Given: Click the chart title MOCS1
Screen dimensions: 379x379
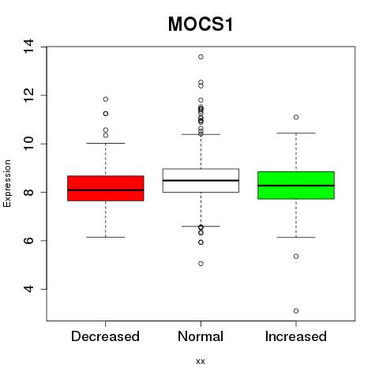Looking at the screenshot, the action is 201,24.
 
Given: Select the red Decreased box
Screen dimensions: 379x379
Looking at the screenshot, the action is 106,188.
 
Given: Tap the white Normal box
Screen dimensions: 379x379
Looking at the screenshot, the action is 201,181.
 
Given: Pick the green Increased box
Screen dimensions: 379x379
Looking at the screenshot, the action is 296,186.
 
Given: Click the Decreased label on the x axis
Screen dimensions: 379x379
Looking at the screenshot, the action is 105,336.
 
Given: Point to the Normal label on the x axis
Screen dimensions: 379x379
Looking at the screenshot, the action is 201,336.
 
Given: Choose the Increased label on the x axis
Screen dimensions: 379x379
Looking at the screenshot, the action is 296,336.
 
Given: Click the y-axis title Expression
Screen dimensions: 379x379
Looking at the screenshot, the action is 7,183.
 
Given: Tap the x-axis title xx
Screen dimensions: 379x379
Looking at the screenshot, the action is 201,362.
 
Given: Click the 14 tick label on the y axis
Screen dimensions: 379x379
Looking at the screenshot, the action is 28,47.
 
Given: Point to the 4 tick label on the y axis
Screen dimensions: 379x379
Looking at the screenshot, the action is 28,289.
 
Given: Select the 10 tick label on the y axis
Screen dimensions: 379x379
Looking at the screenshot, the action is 28,144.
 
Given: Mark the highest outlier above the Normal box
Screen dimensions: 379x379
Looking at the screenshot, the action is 201,57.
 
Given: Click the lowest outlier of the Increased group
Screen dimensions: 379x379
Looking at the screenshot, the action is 296,311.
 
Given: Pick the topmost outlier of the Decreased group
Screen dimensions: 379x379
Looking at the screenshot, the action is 106,99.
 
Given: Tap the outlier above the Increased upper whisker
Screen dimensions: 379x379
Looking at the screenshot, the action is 296,117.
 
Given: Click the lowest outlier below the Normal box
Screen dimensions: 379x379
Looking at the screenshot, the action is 201,264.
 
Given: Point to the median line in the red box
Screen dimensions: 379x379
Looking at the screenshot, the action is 106,189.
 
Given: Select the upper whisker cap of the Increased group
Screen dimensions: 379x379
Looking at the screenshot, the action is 296,133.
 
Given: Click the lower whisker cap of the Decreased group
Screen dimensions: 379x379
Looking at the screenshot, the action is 106,237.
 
